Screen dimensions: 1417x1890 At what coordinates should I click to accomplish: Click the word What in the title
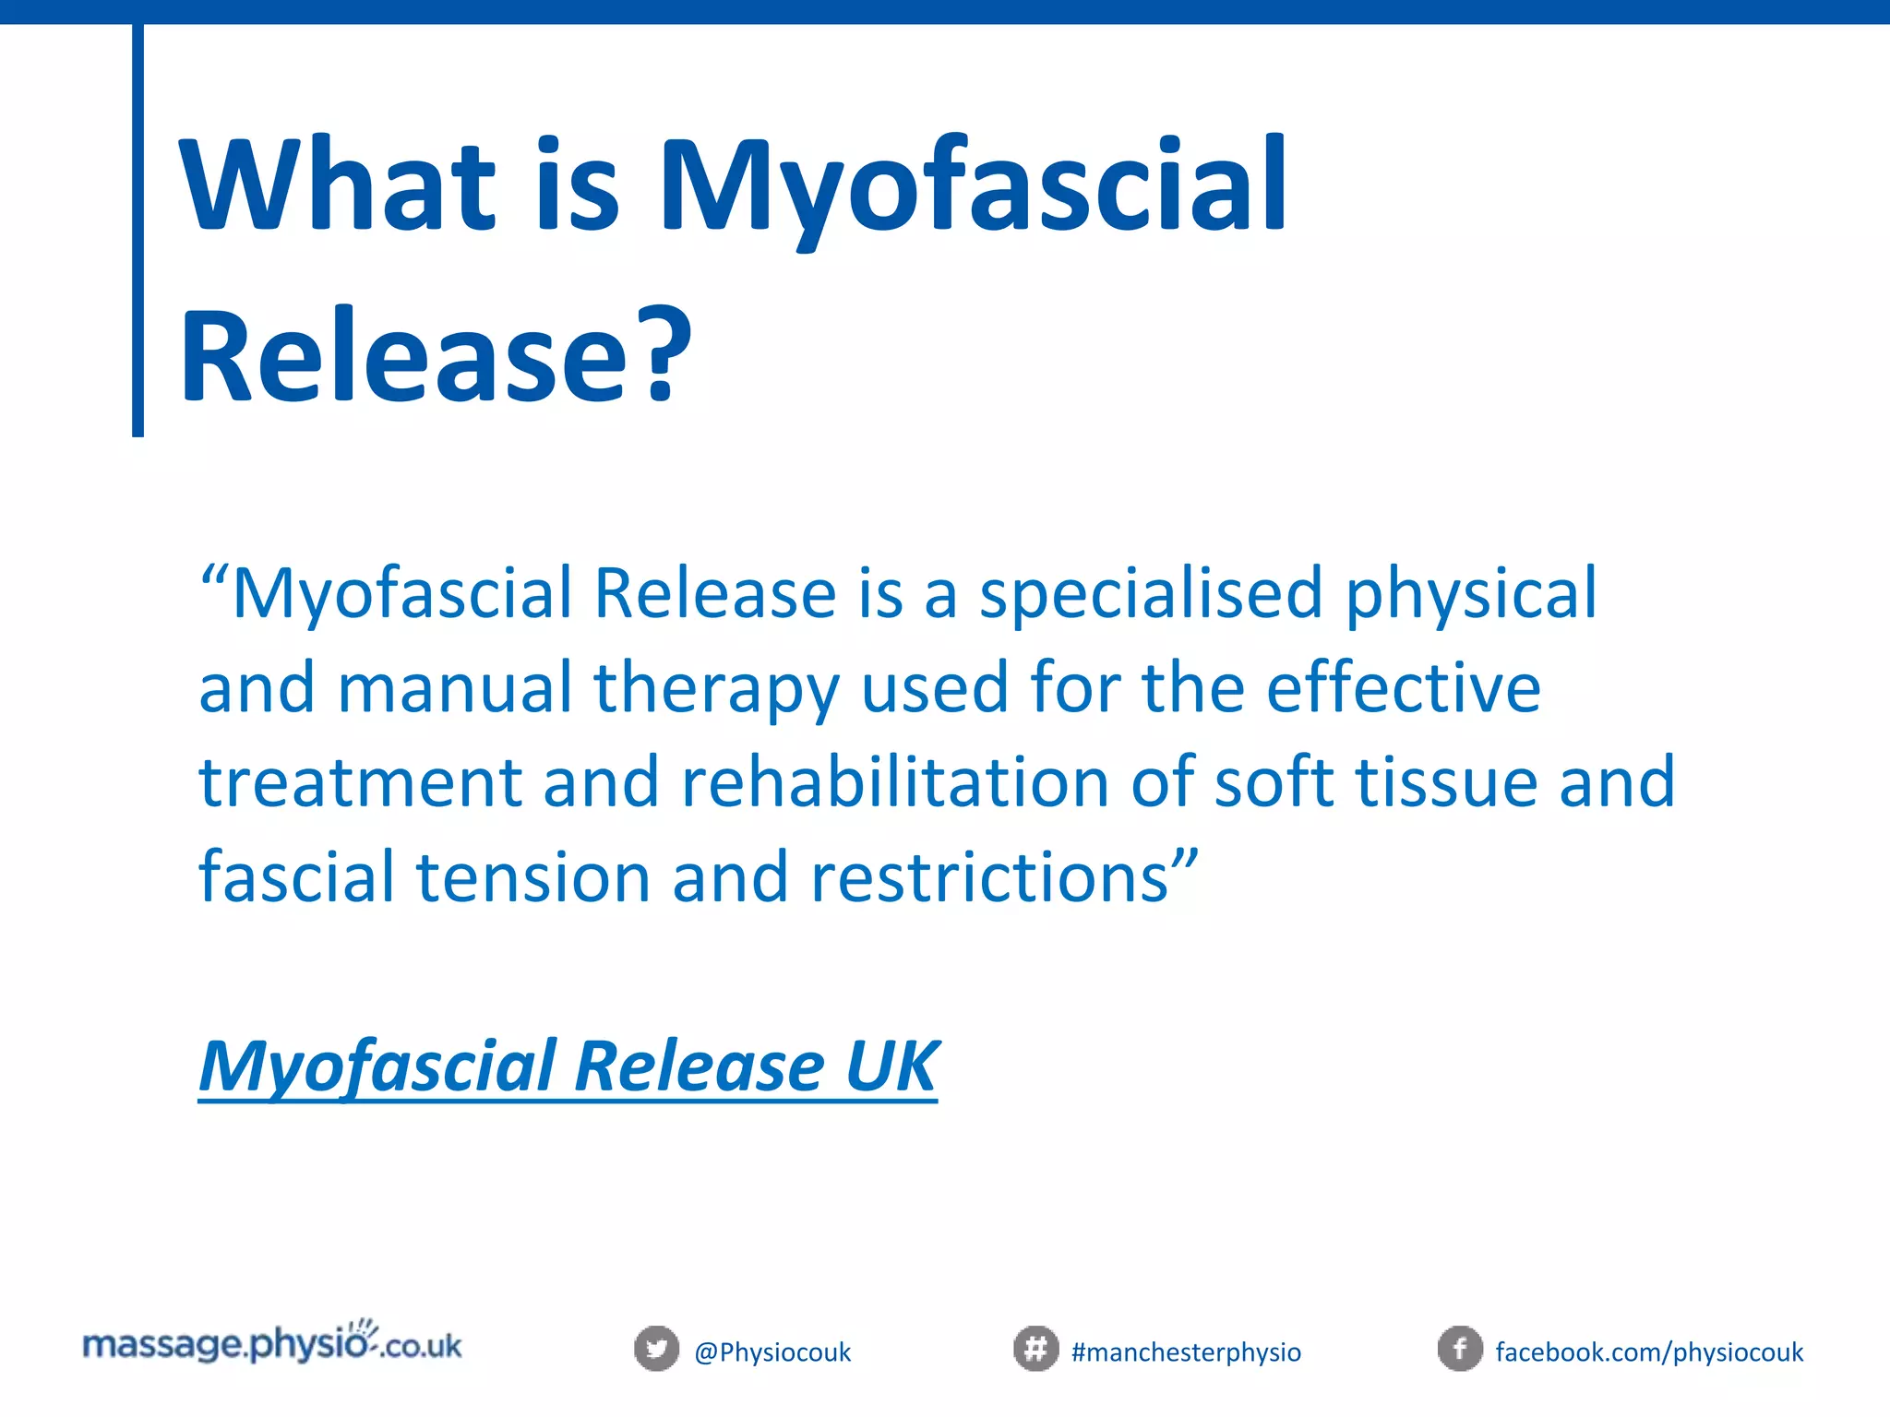338,185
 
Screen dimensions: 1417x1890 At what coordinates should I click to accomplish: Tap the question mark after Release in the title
662,356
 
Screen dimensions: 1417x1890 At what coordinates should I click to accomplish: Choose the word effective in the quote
1403,688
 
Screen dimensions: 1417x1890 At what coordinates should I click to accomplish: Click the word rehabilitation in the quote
895,782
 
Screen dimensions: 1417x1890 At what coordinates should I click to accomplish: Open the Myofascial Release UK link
568,1066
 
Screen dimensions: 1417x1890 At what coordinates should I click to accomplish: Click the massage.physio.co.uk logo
272,1344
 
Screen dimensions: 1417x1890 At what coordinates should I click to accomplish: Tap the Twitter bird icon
656,1349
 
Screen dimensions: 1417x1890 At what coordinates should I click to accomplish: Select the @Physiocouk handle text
772,1352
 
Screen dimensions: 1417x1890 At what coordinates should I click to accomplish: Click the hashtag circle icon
1035,1349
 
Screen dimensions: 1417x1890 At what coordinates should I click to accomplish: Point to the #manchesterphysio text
1186,1352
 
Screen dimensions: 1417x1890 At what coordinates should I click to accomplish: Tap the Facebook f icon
1460,1349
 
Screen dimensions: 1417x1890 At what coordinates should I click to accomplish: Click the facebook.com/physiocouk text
1649,1352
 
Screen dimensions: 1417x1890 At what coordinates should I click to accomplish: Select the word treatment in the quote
361,782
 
